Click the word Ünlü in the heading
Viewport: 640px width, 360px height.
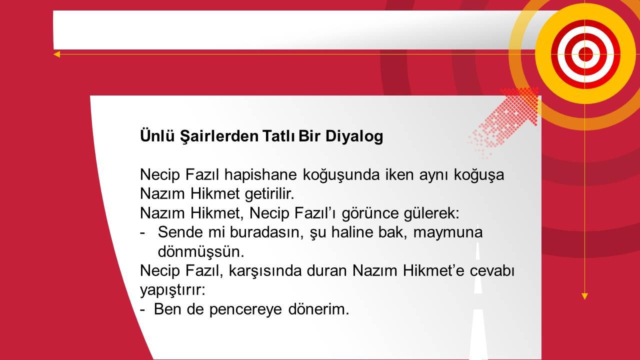coord(157,135)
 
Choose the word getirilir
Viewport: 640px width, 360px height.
coord(269,194)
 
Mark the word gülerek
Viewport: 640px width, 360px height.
coord(431,213)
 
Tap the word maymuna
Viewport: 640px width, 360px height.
coord(448,233)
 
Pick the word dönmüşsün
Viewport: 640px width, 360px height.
coord(201,251)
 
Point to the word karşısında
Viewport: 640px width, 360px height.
coord(265,271)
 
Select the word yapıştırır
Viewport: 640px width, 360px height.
coord(172,290)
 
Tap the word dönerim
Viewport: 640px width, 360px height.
coord(318,309)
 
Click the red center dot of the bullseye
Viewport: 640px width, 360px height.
coord(585,54)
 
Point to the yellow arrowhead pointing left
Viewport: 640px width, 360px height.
coord(56,54)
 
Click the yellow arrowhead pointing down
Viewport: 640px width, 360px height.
coord(584,296)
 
